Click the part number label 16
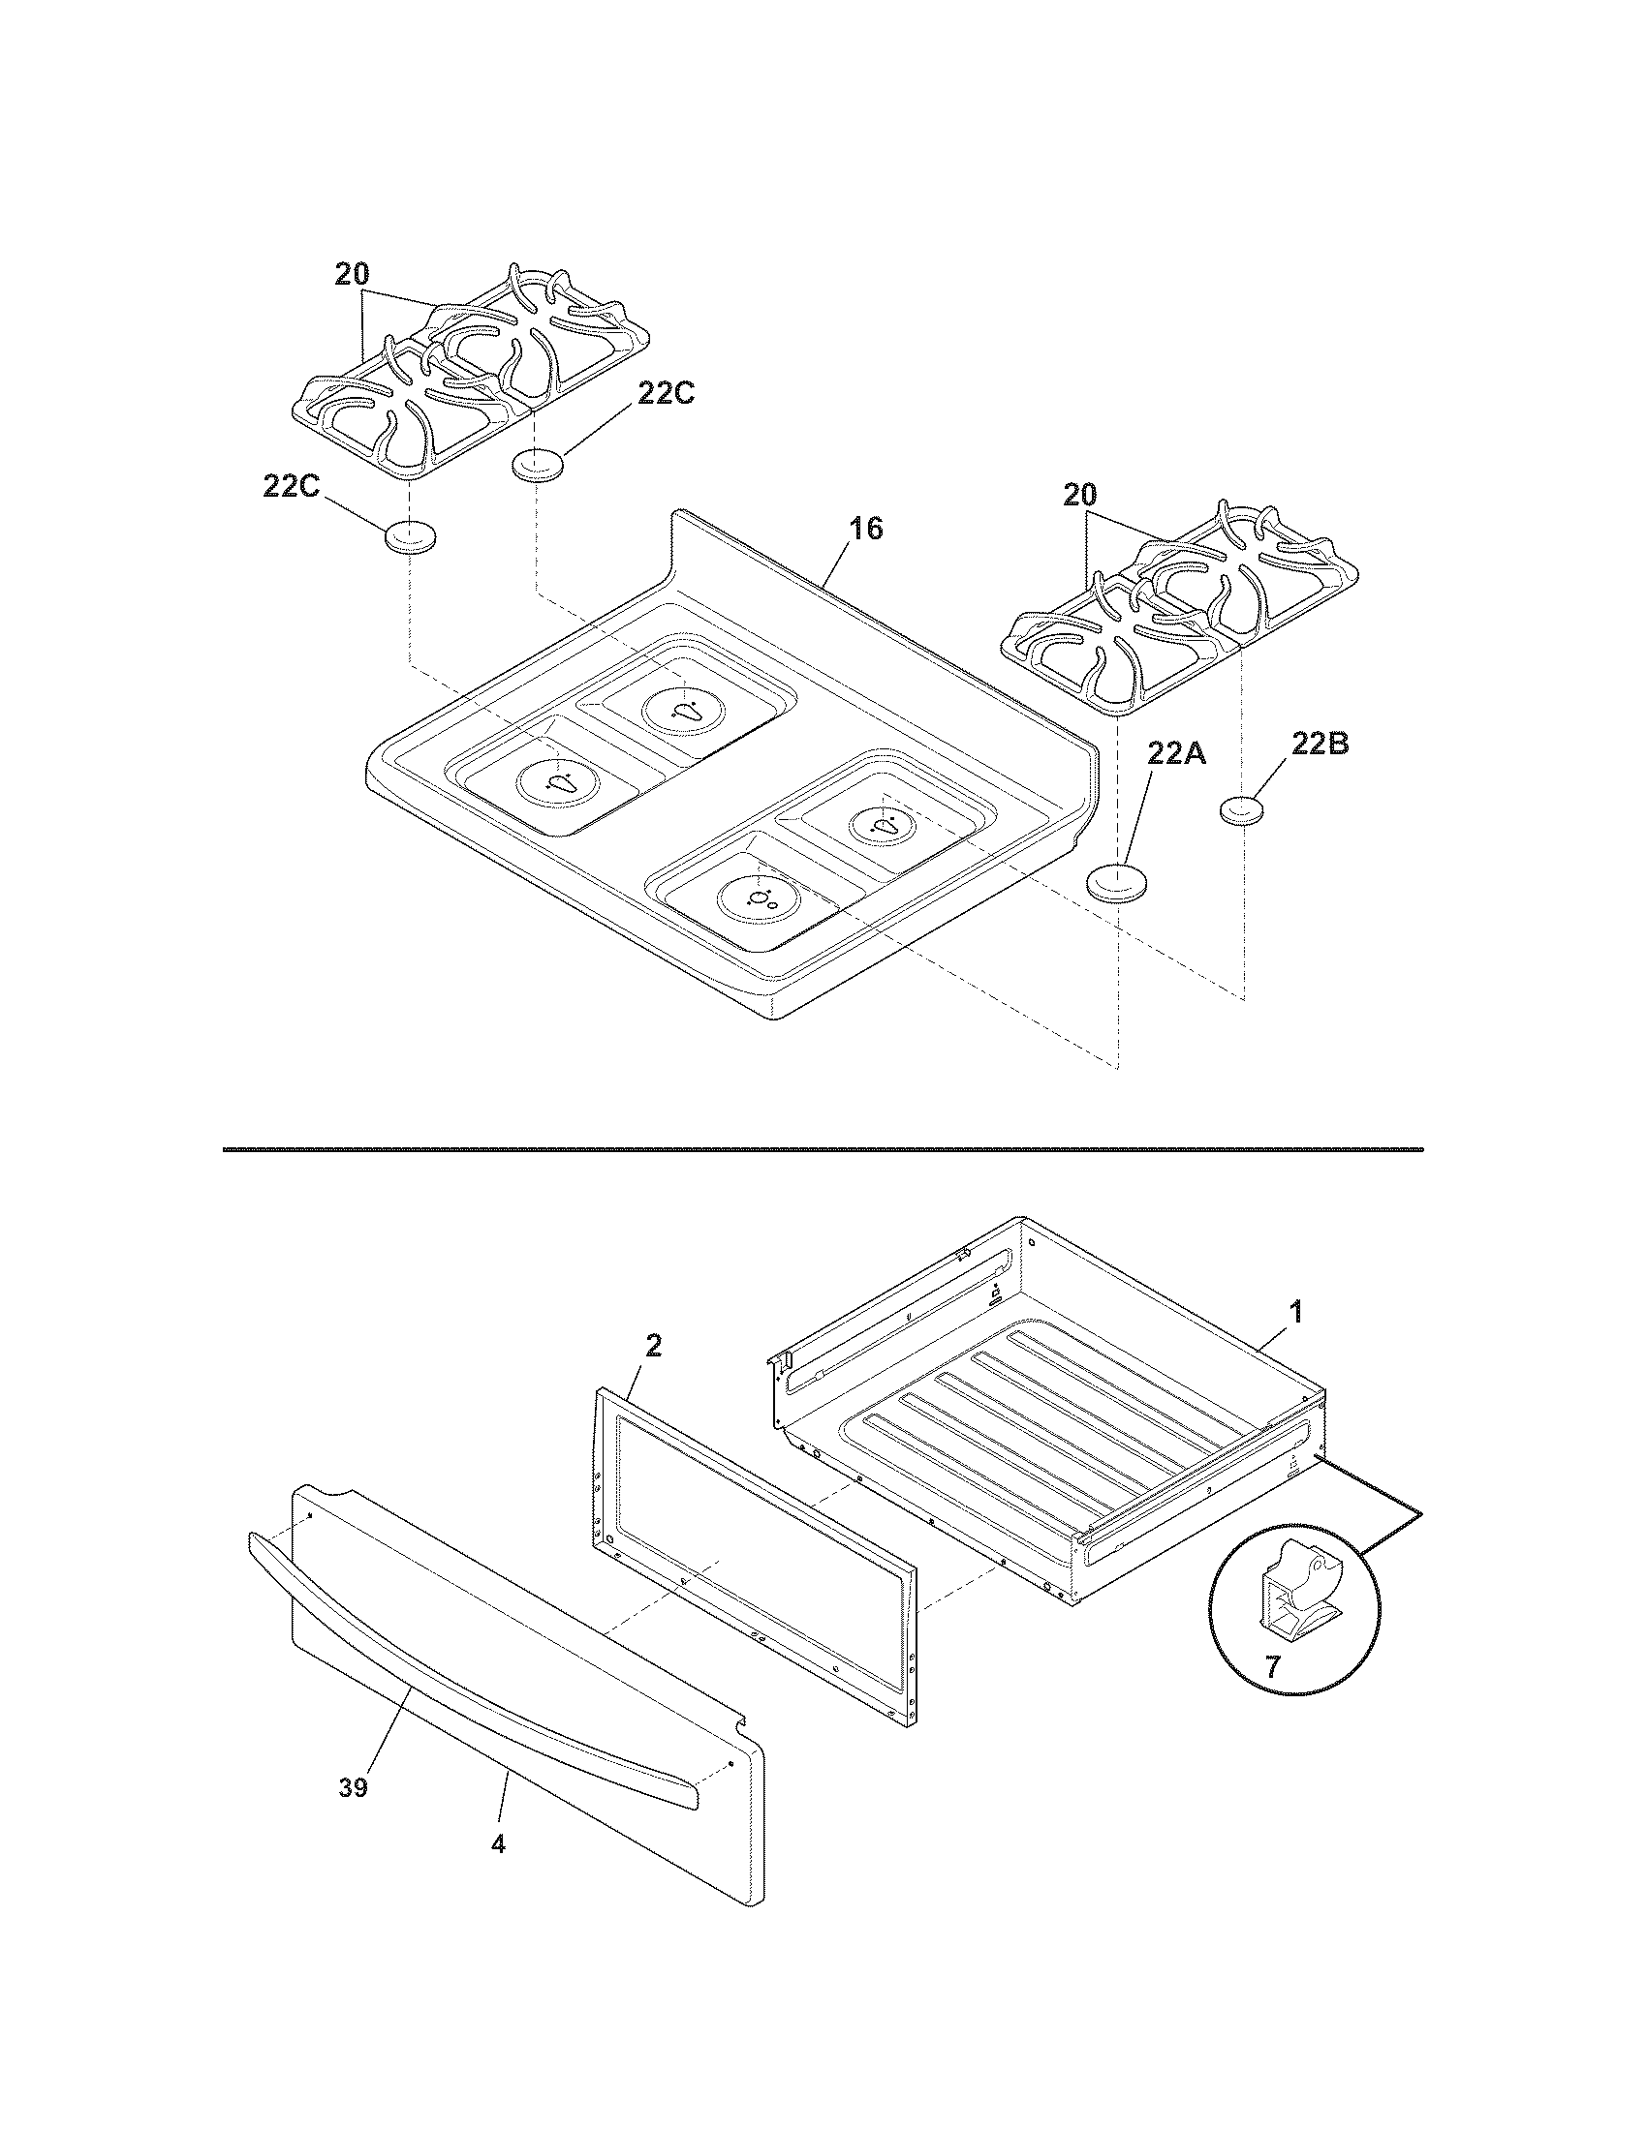(x=865, y=529)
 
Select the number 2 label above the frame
(x=653, y=1346)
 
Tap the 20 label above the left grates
(x=353, y=275)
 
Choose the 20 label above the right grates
(x=1080, y=496)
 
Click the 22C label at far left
(x=291, y=487)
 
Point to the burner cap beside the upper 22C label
(x=538, y=465)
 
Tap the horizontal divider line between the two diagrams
(x=823, y=1150)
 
